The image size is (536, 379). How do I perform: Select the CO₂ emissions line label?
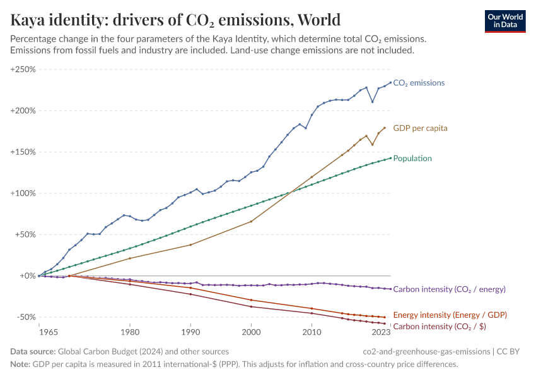(x=419, y=83)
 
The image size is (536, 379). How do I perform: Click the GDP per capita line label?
(x=420, y=128)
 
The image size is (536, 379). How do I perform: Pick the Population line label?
(x=412, y=159)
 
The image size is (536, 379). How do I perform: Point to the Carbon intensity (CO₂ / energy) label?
(x=449, y=289)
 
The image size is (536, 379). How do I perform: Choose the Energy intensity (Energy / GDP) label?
(x=450, y=315)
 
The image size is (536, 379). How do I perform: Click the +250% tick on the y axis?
(x=23, y=69)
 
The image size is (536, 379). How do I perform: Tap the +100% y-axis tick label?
(x=23, y=193)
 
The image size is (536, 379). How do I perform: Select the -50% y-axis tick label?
(x=25, y=317)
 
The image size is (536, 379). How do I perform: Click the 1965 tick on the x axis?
(x=39, y=332)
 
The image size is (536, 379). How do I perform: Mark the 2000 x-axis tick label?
(x=251, y=332)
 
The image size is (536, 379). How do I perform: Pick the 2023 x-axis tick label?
(x=381, y=332)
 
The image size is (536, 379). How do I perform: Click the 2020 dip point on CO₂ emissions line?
(x=372, y=102)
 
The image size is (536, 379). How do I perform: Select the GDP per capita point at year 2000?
(x=251, y=221)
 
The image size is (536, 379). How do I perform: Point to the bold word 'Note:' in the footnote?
(x=20, y=364)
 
